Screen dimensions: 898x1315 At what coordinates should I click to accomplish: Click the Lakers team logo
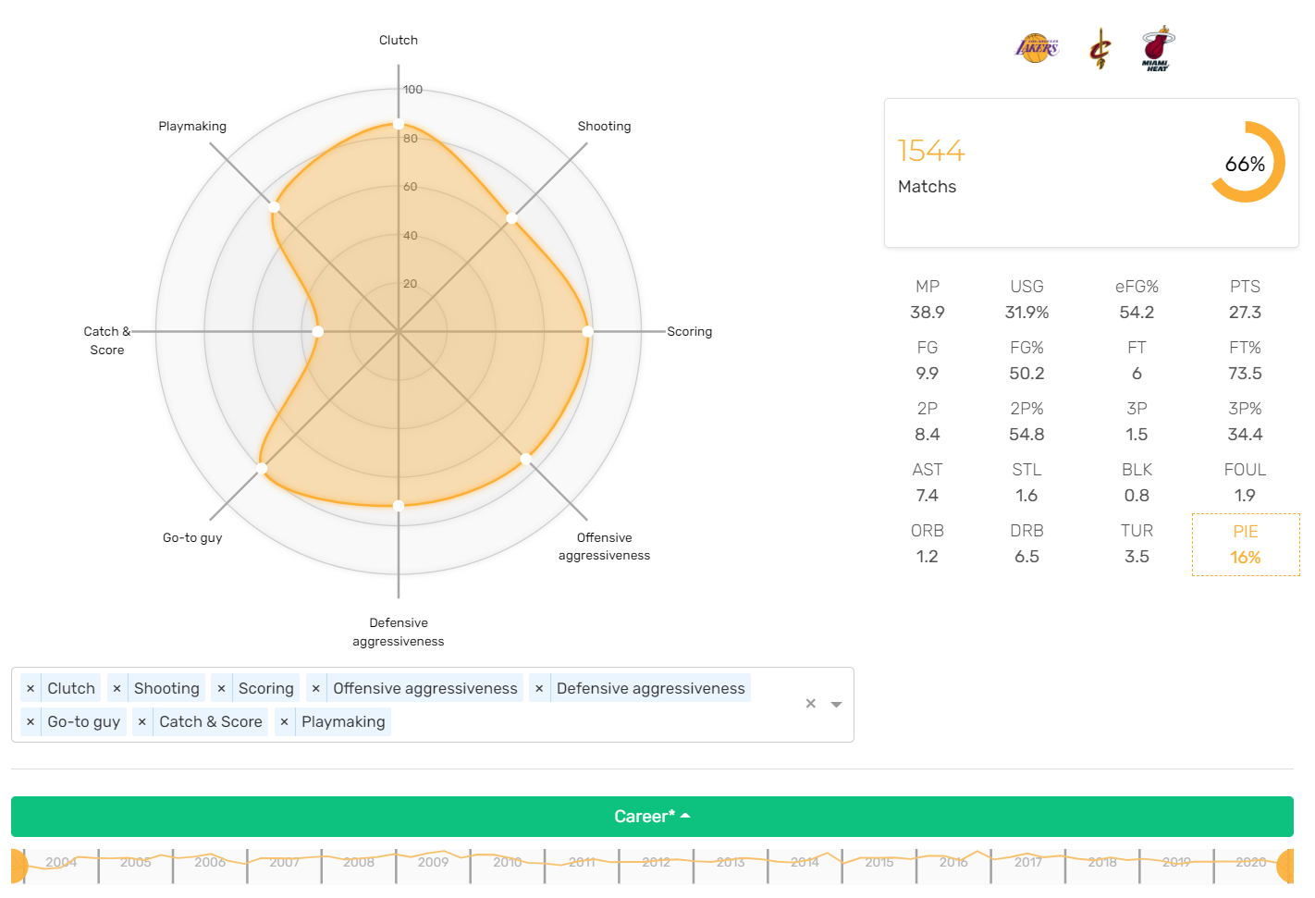pos(1036,48)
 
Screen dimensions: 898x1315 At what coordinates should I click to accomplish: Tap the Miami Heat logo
pos(1156,48)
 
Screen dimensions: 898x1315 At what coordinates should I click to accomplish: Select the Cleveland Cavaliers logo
pos(1100,49)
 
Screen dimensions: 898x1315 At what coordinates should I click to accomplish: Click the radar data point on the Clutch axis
pos(399,124)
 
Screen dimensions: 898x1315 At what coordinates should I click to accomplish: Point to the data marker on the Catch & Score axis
pos(318,331)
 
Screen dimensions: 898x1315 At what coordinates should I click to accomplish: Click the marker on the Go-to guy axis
pos(262,469)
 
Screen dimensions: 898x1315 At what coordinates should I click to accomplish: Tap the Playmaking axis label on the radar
pos(192,127)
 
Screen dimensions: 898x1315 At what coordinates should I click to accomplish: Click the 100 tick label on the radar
pos(412,90)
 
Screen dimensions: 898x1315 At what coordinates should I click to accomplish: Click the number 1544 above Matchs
pos(930,151)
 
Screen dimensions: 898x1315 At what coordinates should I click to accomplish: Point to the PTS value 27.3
pos(1245,313)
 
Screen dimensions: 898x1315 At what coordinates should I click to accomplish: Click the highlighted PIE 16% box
pos(1245,545)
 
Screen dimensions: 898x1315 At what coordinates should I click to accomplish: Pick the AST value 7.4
pos(927,496)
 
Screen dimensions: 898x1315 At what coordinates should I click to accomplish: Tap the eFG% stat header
pos(1137,287)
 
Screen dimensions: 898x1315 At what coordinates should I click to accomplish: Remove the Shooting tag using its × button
pos(117,688)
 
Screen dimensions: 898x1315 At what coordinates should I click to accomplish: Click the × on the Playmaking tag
pos(284,721)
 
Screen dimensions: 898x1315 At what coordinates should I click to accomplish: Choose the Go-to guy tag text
pos(83,721)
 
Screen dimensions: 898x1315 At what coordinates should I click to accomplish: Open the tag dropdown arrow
pos(836,704)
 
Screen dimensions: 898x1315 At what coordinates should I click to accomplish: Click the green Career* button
pos(652,817)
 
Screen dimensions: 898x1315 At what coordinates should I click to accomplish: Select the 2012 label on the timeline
pos(656,862)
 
